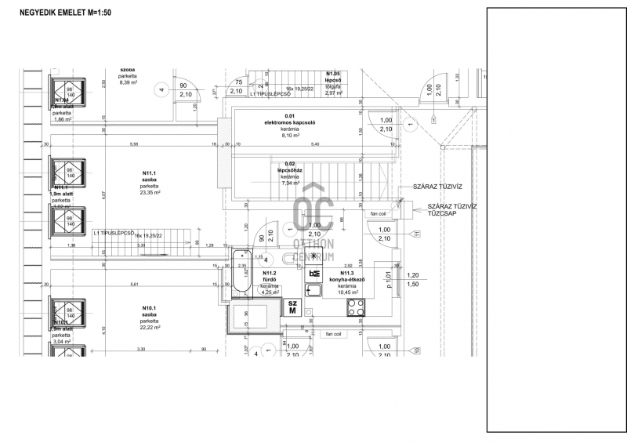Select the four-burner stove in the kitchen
(356, 308)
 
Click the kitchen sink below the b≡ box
(314, 290)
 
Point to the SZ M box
(292, 307)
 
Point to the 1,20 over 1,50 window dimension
(413, 281)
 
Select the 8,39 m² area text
(129, 82)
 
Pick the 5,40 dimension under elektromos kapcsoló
(316, 144)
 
